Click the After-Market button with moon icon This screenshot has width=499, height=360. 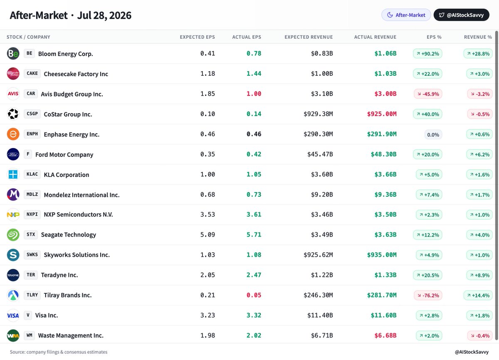[406, 15]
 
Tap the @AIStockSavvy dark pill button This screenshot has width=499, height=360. [461, 15]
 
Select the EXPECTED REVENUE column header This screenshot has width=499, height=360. [309, 37]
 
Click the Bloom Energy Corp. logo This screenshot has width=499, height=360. [13, 54]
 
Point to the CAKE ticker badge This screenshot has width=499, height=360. [32, 74]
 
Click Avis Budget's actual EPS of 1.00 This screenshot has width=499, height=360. [254, 94]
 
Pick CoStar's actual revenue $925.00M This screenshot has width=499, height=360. [382, 114]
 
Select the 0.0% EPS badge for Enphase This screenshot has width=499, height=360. [433, 135]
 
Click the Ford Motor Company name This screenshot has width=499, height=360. [64, 154]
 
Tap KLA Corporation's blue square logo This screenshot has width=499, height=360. [13, 174]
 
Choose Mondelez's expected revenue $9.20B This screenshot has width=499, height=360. [322, 195]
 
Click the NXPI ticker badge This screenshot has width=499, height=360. [32, 214]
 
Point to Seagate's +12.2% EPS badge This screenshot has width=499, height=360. [427, 235]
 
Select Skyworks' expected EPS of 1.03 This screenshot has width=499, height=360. [208, 255]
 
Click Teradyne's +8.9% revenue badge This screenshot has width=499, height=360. [479, 275]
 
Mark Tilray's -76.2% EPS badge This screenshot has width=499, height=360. [428, 295]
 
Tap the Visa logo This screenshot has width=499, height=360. [13, 315]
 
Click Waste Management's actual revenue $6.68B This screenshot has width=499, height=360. [385, 335]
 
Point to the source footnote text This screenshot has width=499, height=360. [59, 352]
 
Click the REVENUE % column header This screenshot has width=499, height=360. [478, 37]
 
